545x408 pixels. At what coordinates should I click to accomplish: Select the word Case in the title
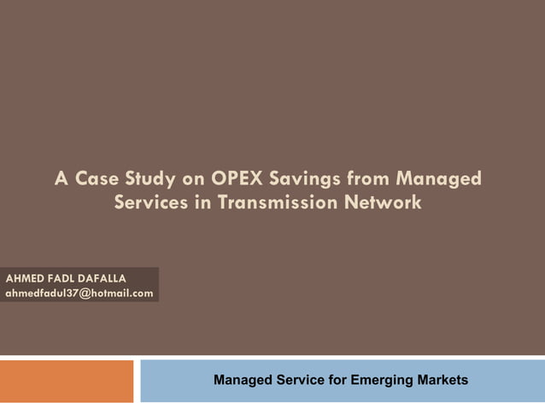98,179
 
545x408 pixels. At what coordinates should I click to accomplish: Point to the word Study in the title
150,179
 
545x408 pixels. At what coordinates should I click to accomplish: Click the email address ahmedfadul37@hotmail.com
79,293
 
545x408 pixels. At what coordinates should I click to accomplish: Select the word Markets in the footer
440,380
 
